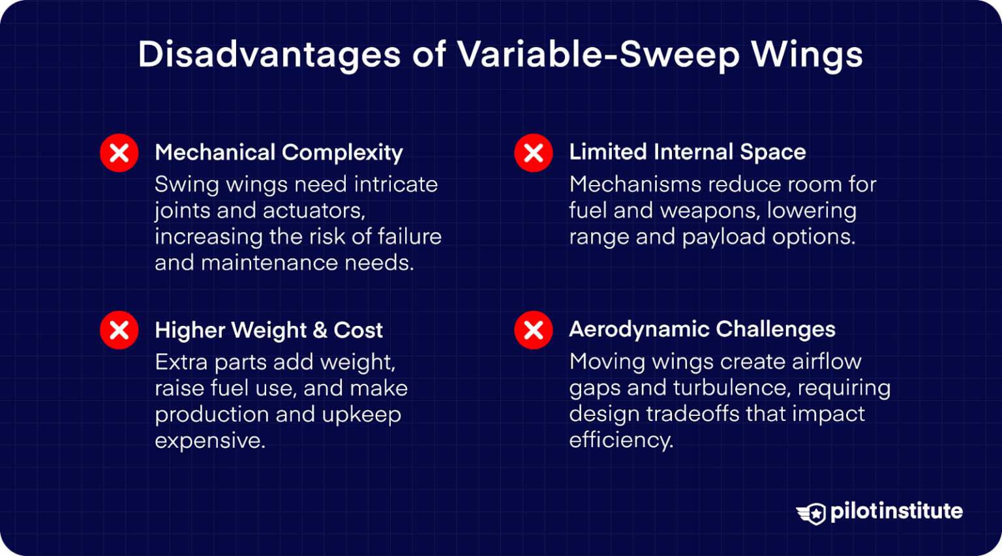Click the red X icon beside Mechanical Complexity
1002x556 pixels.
(x=119, y=153)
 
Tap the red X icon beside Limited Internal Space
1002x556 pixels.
(x=534, y=153)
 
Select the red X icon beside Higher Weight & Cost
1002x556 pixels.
(x=119, y=330)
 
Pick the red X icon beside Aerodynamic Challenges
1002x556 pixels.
(x=534, y=330)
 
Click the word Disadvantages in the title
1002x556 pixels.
(x=269, y=55)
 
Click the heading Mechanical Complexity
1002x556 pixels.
(x=279, y=153)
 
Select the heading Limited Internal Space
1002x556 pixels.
(x=687, y=152)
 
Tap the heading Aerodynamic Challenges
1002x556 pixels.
(x=702, y=329)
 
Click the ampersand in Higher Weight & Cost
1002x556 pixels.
(x=320, y=330)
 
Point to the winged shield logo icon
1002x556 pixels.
(x=811, y=513)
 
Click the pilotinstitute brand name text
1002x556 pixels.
(x=896, y=511)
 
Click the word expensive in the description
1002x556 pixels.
(x=209, y=441)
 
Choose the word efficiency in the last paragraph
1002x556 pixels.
(x=620, y=440)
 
